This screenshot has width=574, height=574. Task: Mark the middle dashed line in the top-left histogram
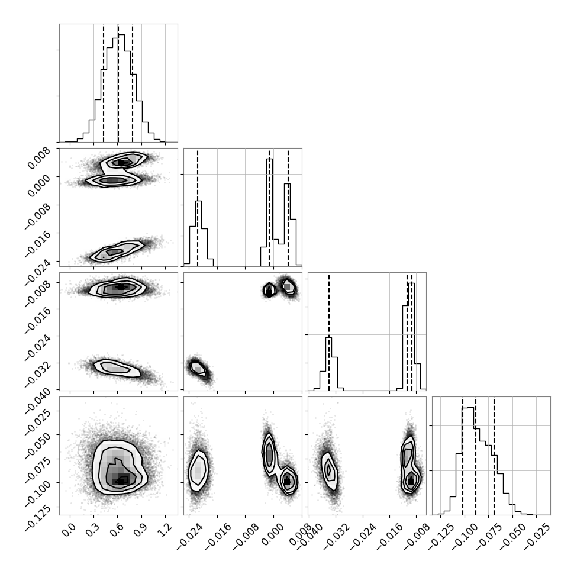(x=118, y=83)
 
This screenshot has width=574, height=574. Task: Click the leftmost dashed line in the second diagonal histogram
(x=197, y=208)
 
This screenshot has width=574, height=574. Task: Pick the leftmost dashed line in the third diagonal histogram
(x=329, y=332)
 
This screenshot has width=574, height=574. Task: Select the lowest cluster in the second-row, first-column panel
(x=117, y=251)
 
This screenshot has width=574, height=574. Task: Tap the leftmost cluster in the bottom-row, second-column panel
(x=198, y=470)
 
